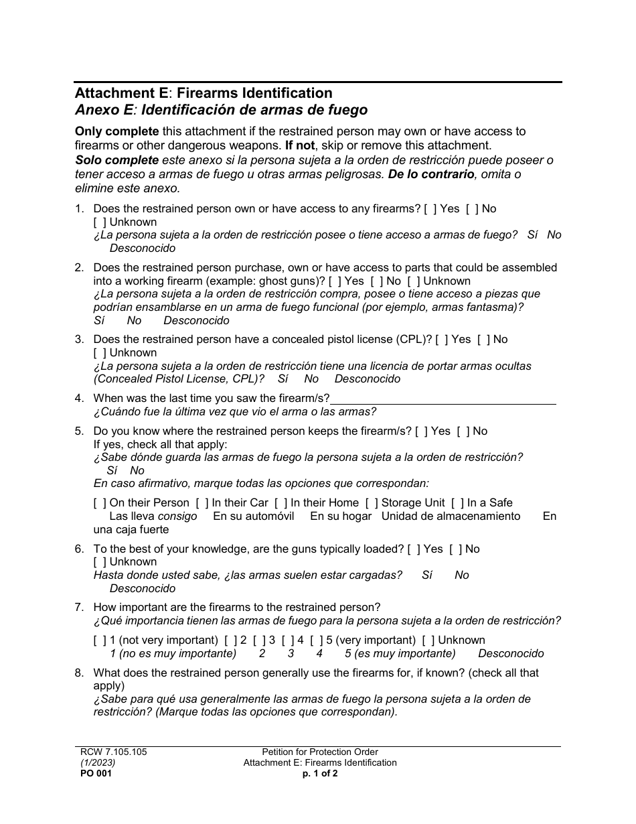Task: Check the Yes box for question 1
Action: [430, 209]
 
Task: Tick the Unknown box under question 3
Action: [100, 353]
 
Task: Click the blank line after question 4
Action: [443, 399]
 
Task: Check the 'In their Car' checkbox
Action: [202, 503]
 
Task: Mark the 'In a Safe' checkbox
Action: [457, 503]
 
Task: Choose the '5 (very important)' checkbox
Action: [317, 640]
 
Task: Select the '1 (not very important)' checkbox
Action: [100, 640]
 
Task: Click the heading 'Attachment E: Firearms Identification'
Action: [204, 93]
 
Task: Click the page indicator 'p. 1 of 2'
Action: [320, 773]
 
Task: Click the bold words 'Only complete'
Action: [117, 131]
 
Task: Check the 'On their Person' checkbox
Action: [100, 503]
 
